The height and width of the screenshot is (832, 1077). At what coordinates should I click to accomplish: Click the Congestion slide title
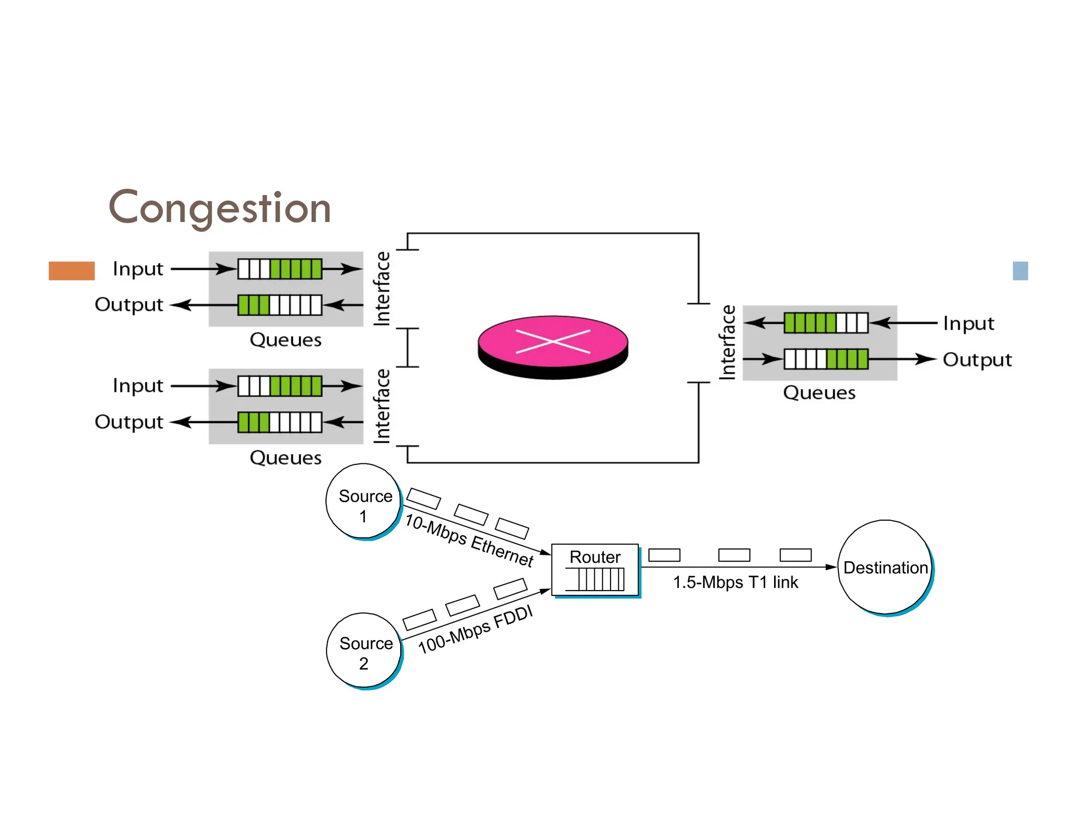220,208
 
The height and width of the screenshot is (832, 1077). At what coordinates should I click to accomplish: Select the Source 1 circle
363,501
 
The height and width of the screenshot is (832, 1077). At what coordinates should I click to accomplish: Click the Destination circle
885,567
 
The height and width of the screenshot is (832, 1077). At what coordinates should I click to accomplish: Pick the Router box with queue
595,570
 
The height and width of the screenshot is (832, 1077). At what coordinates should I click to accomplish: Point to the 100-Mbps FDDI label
475,630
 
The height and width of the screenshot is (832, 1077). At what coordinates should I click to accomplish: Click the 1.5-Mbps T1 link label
735,582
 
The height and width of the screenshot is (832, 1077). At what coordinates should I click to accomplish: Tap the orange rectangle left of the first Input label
72,270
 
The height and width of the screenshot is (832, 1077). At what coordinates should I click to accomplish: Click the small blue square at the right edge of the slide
1020,271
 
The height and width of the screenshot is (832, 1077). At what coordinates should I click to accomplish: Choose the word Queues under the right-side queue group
819,393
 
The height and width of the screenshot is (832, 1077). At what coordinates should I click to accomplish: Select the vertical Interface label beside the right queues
727,342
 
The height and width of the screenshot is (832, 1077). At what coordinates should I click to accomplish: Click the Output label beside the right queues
977,360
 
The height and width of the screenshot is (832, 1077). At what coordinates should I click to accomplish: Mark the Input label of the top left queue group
138,269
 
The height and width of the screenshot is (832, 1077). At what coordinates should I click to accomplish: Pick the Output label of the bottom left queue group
129,422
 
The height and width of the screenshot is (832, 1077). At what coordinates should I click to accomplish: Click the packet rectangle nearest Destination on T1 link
795,555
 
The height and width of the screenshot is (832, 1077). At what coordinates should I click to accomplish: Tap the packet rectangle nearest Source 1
423,499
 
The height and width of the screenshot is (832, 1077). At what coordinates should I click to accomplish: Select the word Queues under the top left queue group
286,340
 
